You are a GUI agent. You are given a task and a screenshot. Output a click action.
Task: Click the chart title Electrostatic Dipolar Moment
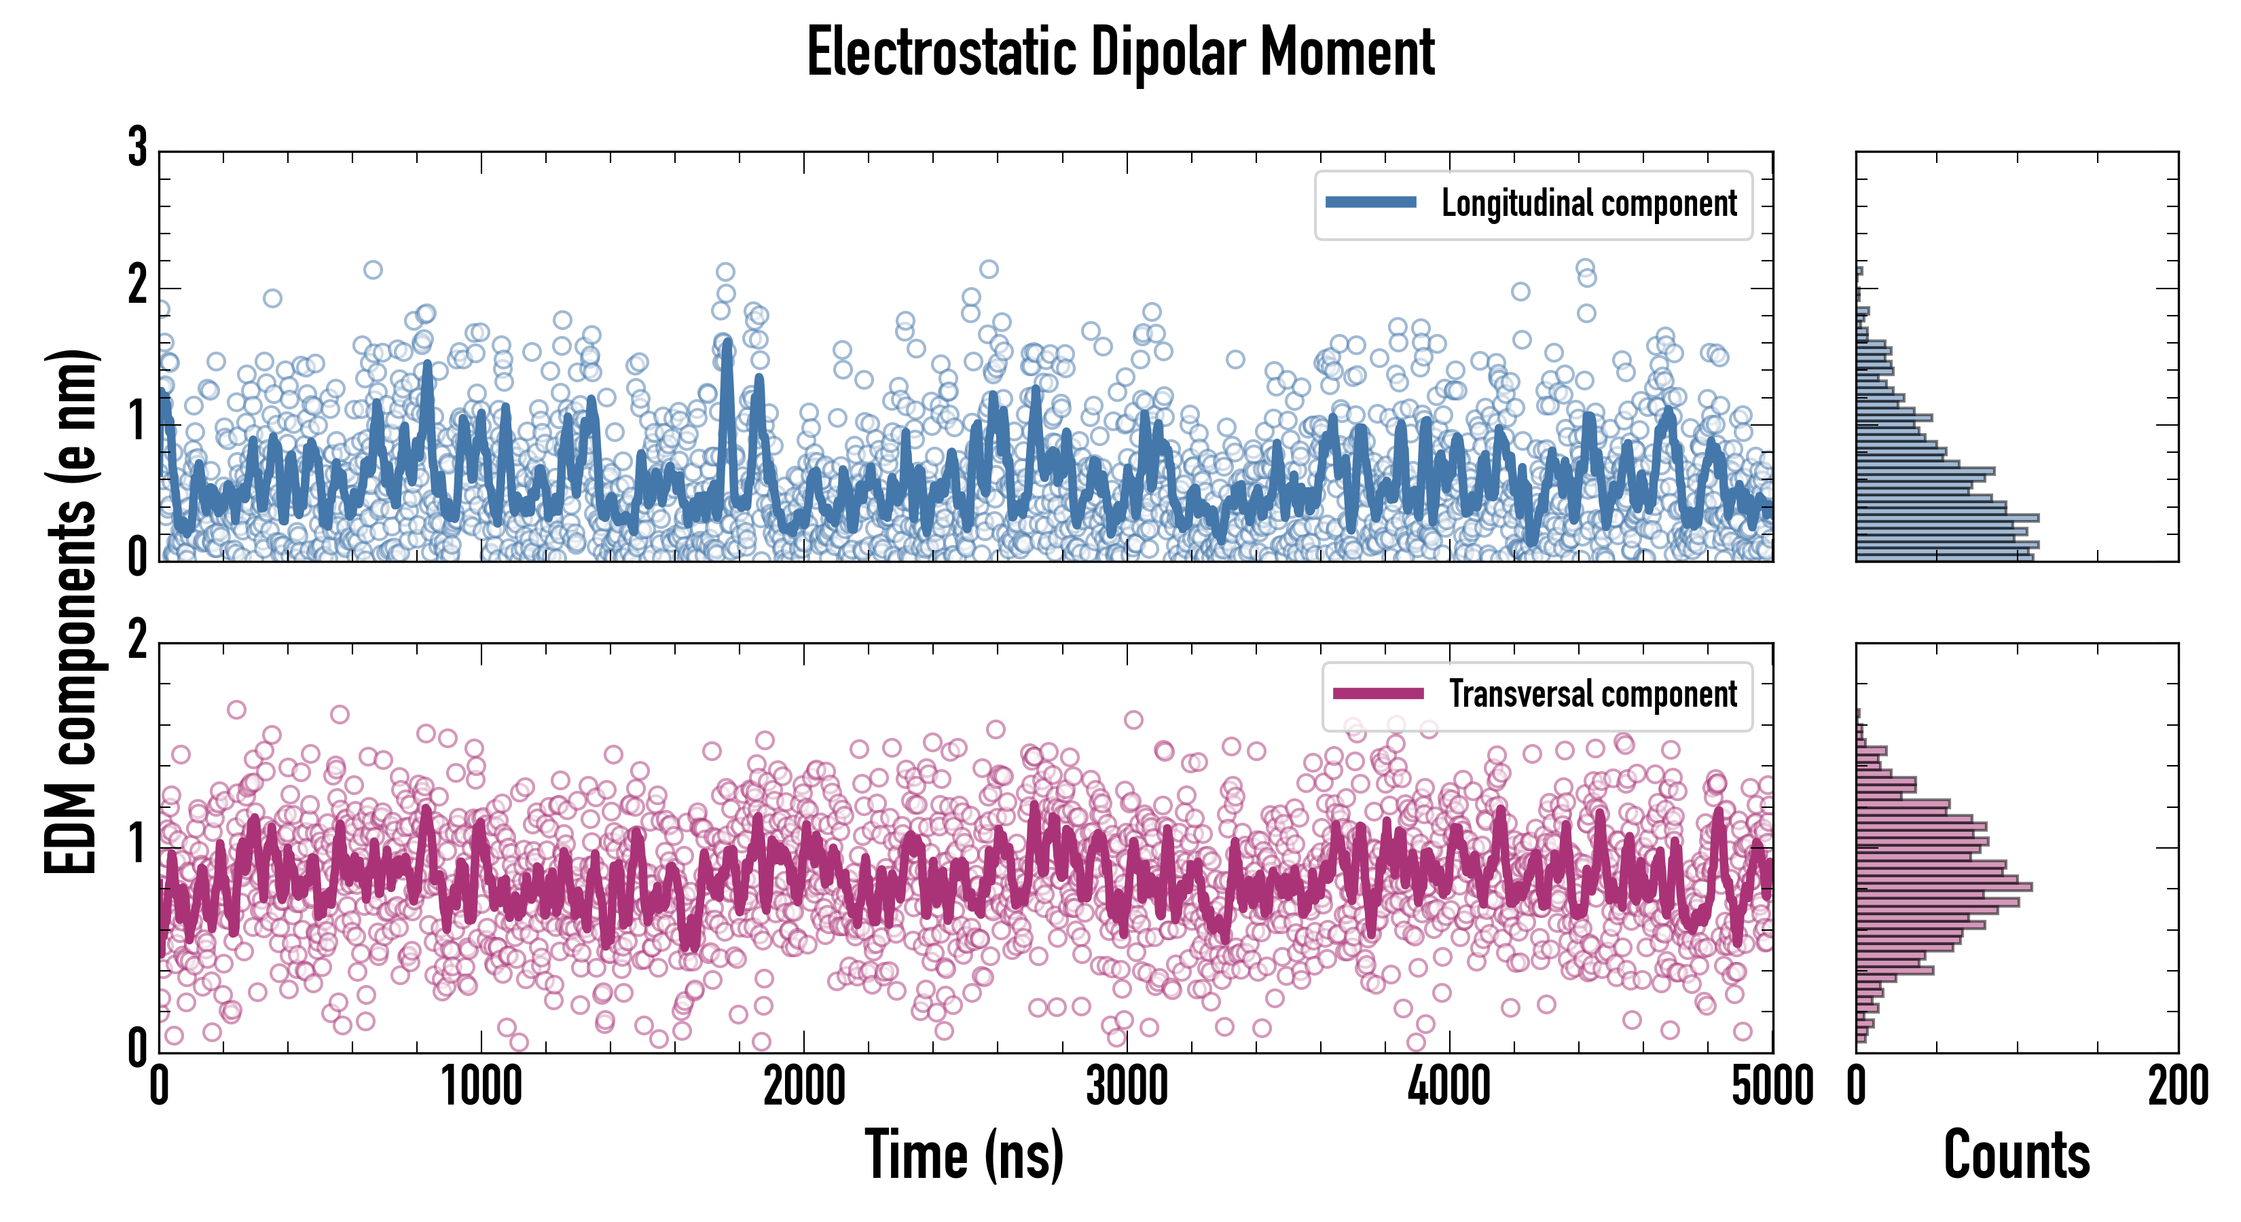1120,52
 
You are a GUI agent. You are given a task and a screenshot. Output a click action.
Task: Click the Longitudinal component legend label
1588,204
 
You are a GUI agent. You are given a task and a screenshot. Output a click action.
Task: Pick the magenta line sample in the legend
1378,693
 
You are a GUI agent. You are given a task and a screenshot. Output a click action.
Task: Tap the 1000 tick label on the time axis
481,1087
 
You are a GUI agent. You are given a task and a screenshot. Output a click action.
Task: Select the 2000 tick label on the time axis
804,1087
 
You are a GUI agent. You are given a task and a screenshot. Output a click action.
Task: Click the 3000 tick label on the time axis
1127,1087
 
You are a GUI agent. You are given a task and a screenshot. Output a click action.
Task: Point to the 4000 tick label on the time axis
1449,1087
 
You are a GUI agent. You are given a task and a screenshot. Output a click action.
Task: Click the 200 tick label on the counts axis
2177,1087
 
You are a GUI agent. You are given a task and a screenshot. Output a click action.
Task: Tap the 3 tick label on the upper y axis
137,148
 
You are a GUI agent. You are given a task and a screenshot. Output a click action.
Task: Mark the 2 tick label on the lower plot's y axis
137,642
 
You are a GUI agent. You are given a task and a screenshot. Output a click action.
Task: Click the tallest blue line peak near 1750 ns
727,344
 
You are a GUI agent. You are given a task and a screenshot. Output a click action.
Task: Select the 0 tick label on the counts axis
1857,1087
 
